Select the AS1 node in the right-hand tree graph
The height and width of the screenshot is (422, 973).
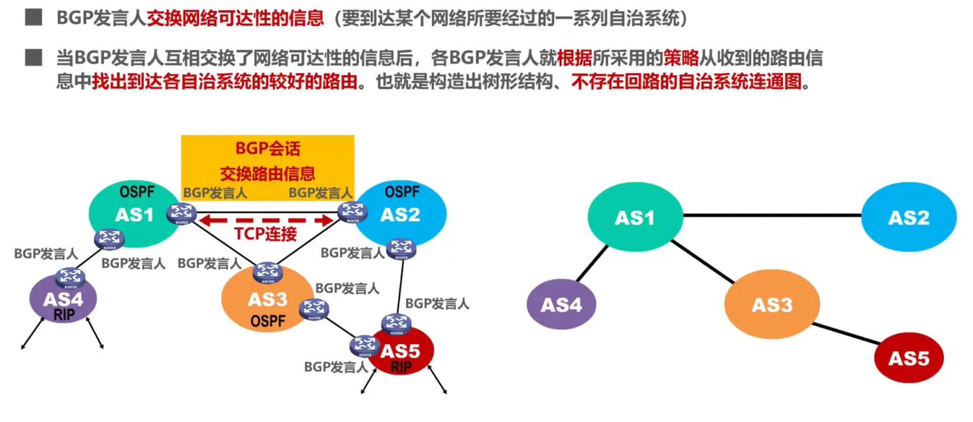click(635, 217)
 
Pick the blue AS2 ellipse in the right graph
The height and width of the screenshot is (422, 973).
click(909, 217)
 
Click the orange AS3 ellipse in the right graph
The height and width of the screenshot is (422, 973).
click(772, 304)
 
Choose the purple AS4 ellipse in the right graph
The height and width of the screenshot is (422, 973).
click(561, 304)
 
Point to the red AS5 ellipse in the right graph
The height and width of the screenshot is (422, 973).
click(909, 358)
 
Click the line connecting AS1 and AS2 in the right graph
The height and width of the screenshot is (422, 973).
click(772, 215)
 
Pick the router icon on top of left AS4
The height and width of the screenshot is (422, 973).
click(67, 278)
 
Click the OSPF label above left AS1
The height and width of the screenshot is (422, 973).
click(135, 192)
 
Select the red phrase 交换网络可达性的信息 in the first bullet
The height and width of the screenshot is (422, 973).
click(235, 18)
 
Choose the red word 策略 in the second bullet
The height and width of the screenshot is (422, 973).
click(680, 58)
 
